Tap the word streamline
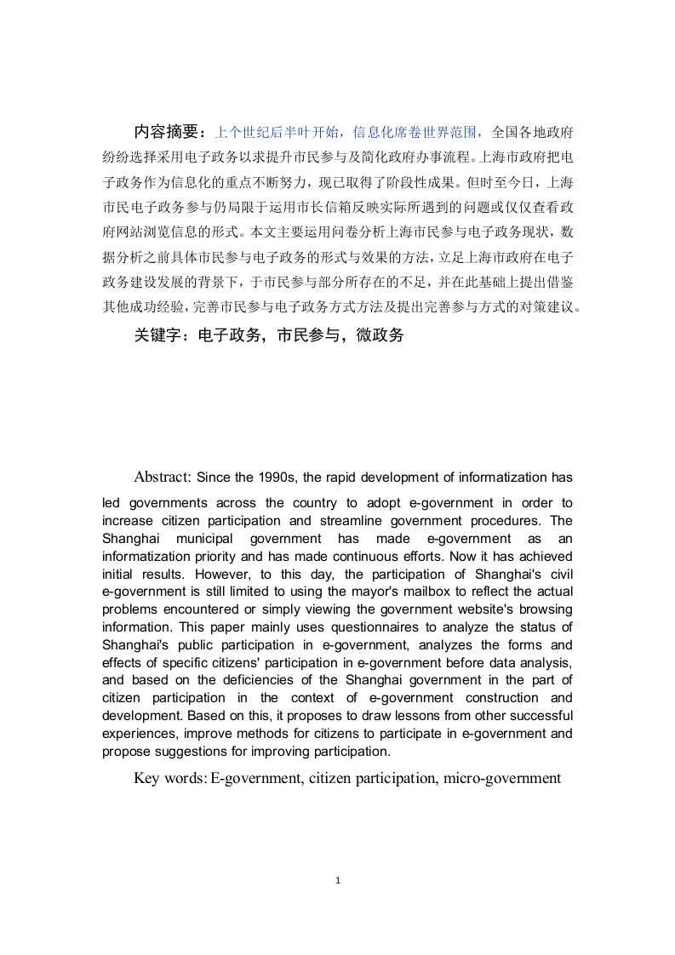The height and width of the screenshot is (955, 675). click(363, 520)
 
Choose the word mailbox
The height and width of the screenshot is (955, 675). click(430, 592)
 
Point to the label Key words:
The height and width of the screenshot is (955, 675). click(170, 777)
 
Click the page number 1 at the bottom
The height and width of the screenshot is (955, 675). click(338, 880)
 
